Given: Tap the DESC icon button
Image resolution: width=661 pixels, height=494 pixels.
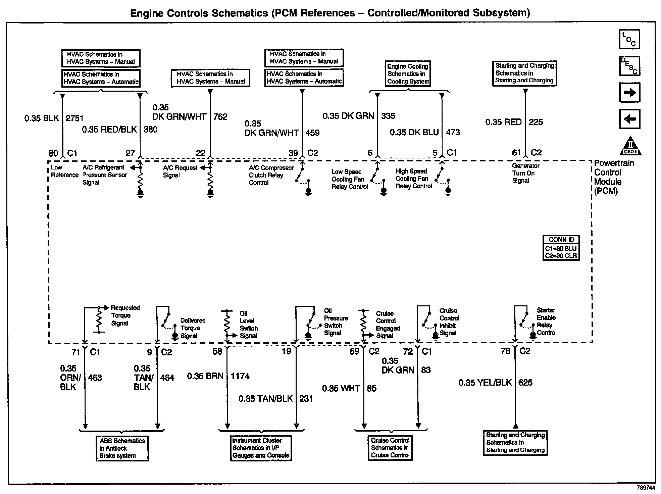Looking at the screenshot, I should coord(629,66).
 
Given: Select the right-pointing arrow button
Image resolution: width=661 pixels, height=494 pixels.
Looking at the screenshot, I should coord(629,92).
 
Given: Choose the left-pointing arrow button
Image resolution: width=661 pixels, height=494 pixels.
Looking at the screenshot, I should coord(629,119).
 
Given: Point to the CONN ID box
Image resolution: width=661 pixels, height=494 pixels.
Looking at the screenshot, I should coord(561,248).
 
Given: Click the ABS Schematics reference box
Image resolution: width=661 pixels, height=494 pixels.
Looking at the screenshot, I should coord(122,448).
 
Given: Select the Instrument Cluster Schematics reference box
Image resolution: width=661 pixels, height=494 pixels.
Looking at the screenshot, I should coord(261,448).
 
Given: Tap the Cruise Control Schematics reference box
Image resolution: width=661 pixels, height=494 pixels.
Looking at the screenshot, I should coord(390,448).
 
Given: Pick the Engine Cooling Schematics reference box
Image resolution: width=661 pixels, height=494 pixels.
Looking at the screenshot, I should coord(408,74).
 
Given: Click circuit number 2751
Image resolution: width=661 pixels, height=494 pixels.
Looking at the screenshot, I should coord(74,118).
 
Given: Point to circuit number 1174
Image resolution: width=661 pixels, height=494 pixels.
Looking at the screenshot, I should coord(240,376).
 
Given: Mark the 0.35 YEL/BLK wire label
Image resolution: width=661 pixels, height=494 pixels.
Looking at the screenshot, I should coord(485,383).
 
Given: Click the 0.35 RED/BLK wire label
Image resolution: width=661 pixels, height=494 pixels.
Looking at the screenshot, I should coord(110,130).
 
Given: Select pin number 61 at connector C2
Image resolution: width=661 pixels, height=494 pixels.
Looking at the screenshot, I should coord(516,153).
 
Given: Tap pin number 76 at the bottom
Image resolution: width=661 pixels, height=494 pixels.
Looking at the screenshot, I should coord(505,351).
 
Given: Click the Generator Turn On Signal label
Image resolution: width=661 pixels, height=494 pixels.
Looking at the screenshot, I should coord(525,173).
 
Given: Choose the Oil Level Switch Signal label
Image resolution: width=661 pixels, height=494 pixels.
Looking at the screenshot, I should coord(249,325).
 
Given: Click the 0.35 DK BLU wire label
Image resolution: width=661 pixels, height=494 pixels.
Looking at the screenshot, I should coord(414,132).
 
